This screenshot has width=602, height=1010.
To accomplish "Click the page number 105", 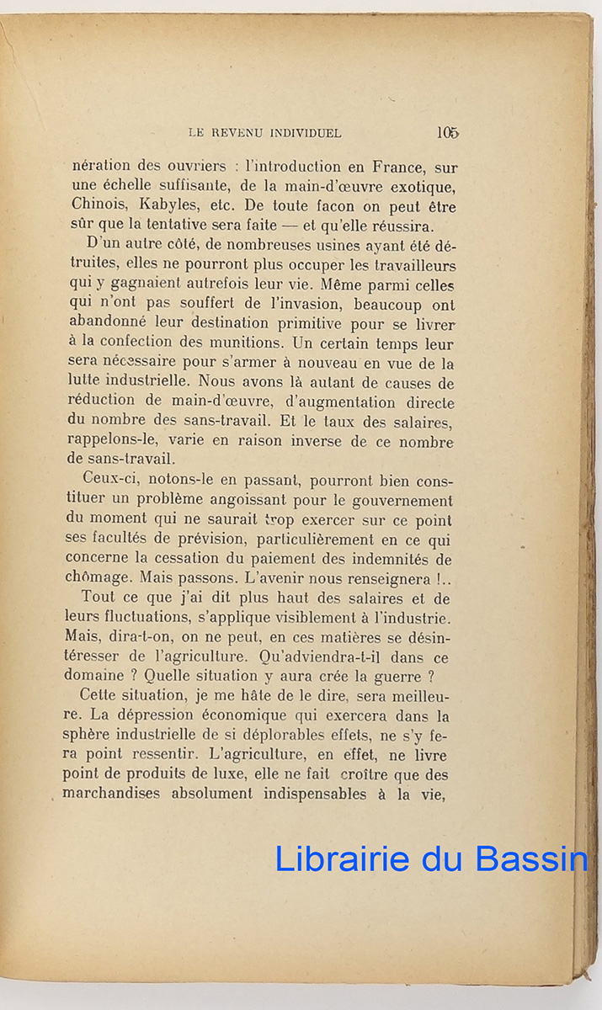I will tap(447, 132).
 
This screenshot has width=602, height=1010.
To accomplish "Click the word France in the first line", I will tap(403, 167).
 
